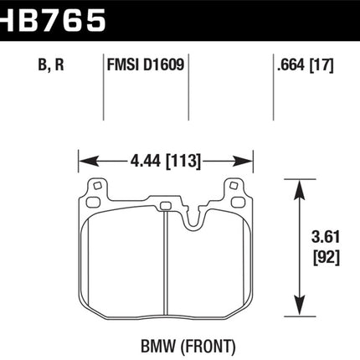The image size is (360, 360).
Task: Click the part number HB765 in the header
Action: (53, 19)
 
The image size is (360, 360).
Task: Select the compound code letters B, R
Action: (51, 65)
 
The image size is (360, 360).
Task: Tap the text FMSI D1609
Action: (146, 64)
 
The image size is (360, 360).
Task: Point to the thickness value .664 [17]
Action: (306, 65)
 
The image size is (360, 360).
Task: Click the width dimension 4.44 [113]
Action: (166, 161)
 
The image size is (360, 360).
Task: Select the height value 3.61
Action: (326, 237)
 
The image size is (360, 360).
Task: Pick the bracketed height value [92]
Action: (327, 257)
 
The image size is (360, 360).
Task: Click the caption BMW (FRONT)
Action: (188, 347)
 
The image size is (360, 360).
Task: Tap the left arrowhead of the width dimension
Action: (89, 162)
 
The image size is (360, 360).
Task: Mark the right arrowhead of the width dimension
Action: (243, 162)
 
